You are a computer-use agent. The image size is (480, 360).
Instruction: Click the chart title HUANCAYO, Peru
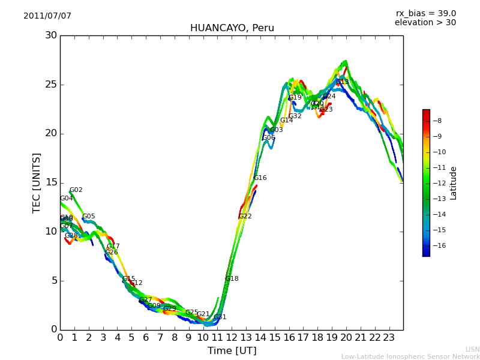point(232,28)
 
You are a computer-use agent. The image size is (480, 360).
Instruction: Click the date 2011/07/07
point(47,16)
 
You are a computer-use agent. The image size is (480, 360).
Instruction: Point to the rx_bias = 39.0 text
point(425,14)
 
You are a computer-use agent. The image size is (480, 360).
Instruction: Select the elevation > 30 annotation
point(425,23)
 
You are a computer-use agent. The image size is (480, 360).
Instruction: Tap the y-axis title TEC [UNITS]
point(37,182)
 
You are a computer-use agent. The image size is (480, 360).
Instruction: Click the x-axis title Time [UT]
point(232,351)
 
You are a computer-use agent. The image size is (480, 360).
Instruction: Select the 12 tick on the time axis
point(232,338)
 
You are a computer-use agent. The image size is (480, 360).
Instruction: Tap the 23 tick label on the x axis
point(389,338)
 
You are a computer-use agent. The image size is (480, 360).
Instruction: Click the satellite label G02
point(76,190)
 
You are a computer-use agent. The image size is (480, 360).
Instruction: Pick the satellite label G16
point(260,178)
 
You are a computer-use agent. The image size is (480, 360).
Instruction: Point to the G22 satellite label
point(245,217)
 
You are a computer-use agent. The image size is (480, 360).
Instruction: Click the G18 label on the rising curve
point(232,279)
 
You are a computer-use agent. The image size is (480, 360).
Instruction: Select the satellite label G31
point(220,317)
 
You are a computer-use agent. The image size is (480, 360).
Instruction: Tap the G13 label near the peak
point(342,82)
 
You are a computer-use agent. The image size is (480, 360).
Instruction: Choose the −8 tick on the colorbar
point(437,121)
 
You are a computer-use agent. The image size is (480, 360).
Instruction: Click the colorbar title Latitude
point(454,183)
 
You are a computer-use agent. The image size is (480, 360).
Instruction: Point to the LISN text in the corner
point(472,349)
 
